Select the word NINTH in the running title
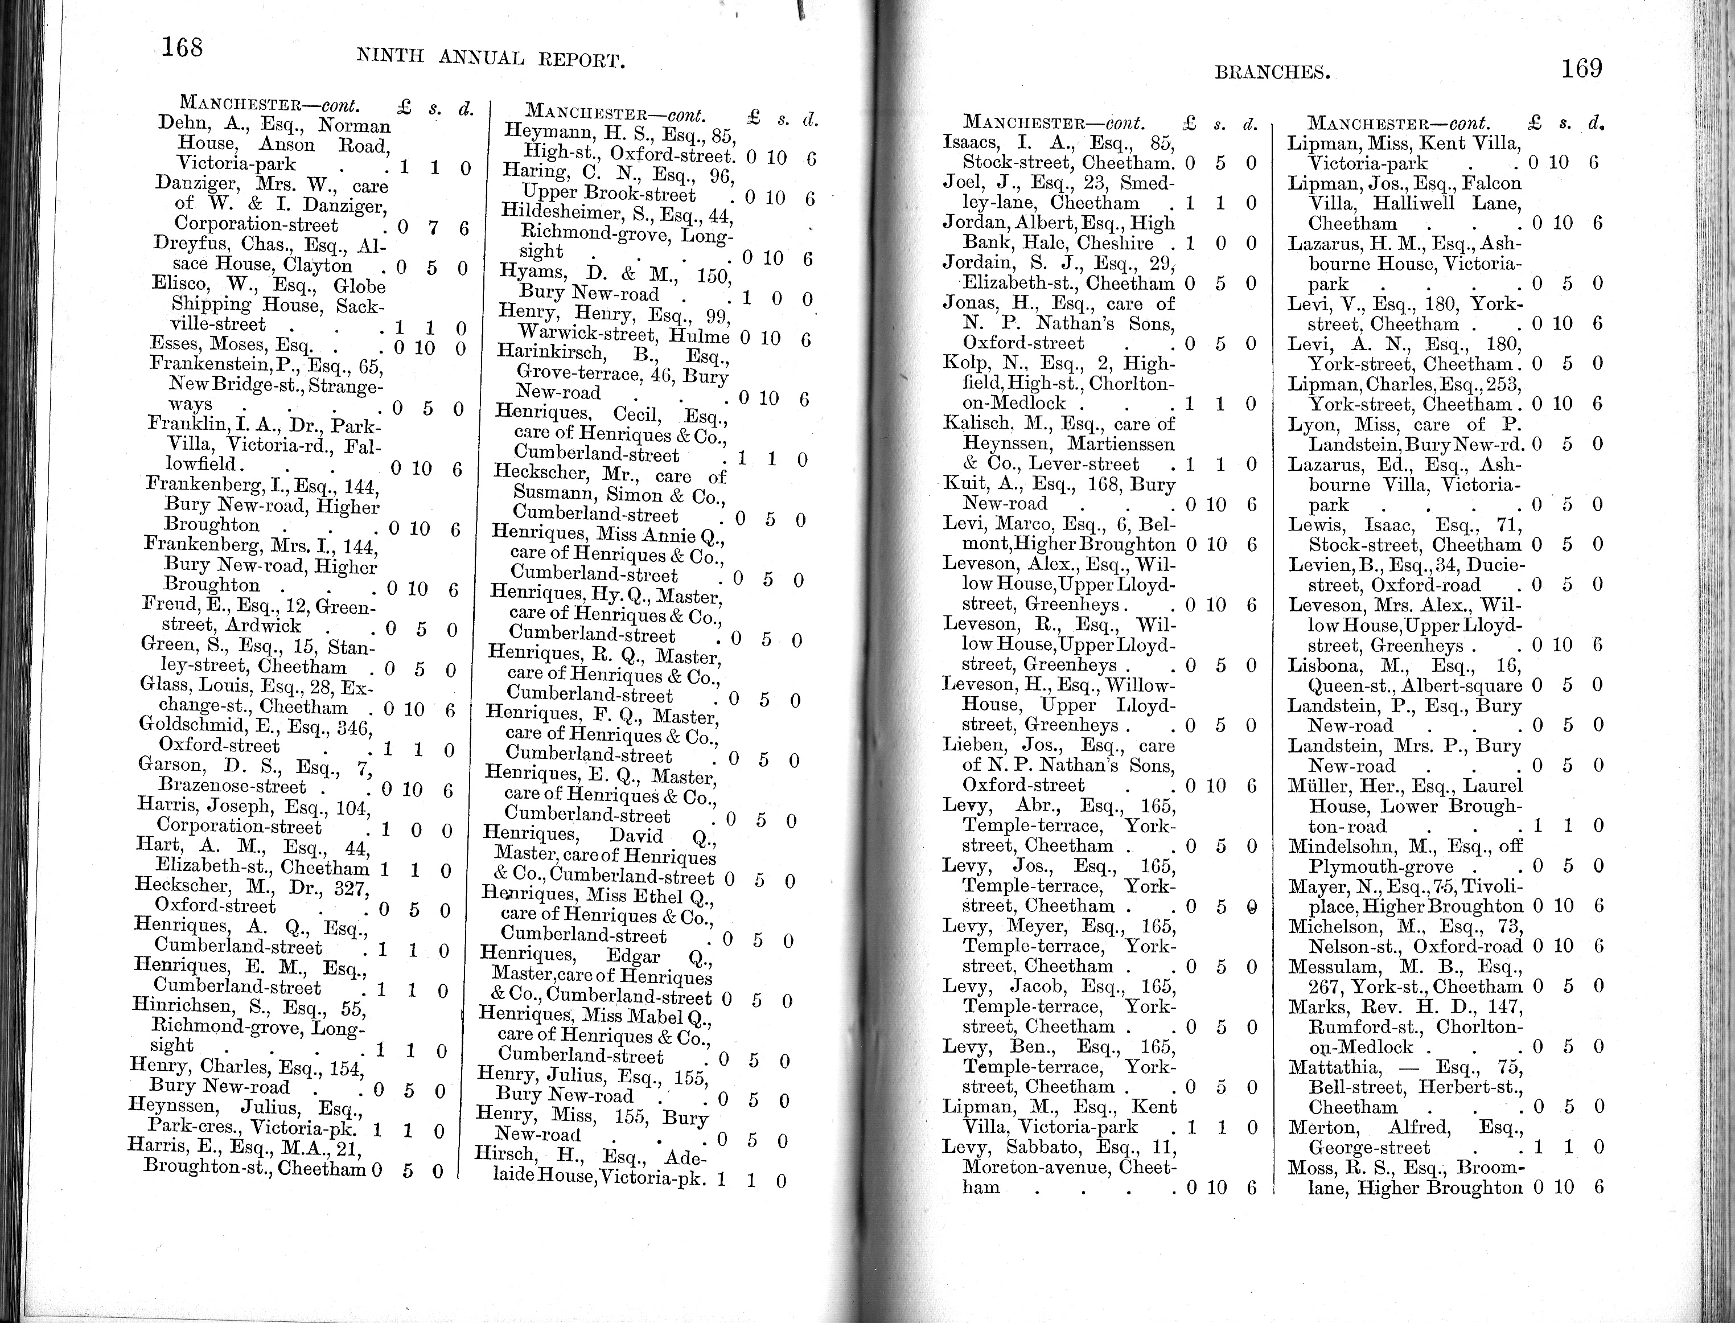(x=390, y=55)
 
